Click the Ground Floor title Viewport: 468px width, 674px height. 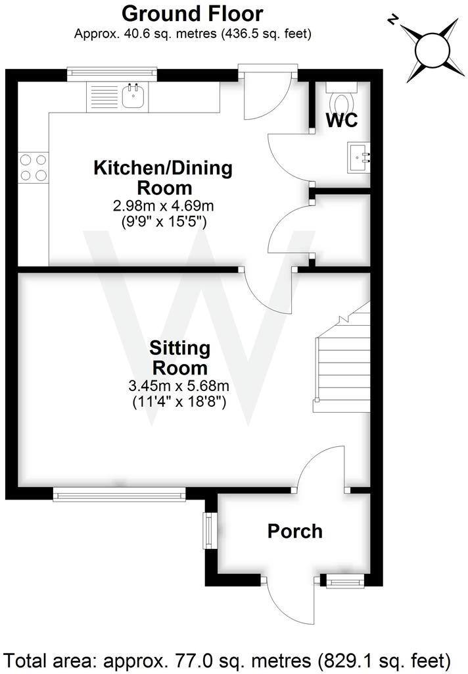[193, 13]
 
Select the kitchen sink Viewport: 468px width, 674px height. [133, 96]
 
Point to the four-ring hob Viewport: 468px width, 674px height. [33, 167]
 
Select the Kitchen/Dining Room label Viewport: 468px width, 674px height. [163, 177]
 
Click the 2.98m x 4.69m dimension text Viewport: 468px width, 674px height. [163, 207]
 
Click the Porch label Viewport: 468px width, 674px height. [295, 531]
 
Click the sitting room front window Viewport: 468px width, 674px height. [119, 493]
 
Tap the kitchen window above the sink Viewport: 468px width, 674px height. [112, 72]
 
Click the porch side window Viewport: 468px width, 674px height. [210, 531]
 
